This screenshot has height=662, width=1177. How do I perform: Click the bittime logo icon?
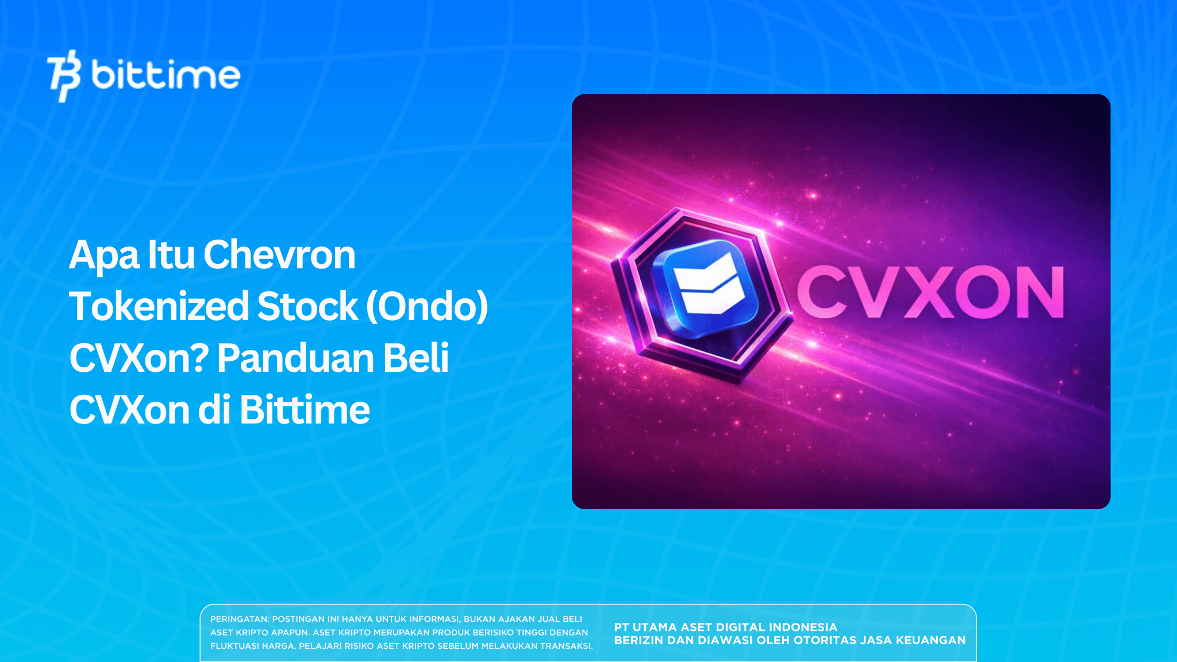tap(63, 75)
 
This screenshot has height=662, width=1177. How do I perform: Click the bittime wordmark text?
tap(166, 75)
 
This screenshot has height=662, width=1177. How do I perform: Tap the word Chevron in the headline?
tap(279, 255)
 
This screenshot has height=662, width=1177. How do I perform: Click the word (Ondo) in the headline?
tap(427, 306)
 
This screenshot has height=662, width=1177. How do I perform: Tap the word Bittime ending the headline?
tap(305, 410)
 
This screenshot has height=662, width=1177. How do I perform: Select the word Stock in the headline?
tap(308, 306)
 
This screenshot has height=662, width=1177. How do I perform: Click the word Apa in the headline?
tap(104, 256)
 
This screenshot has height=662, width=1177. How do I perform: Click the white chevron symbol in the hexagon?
tap(709, 284)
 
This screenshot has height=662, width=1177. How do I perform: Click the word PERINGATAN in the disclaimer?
tap(239, 619)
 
